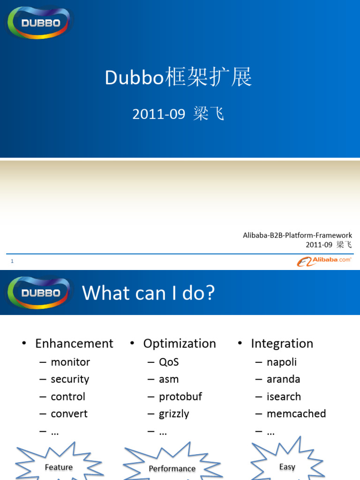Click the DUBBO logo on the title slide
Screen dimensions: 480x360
pos(40,22)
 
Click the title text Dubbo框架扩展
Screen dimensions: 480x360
pos(179,78)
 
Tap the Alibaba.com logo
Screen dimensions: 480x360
pos(324,261)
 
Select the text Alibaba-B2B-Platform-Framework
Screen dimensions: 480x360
pos(297,235)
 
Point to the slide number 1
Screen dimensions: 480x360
pos(12,261)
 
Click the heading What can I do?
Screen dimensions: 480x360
pos(149,293)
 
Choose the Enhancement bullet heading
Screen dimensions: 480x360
pos(74,344)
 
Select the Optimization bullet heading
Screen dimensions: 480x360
pos(180,344)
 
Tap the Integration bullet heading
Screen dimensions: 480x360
pos(282,344)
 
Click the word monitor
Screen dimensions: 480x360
pos(70,362)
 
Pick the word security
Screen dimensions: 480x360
pos(70,379)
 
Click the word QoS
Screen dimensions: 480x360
pos(169,362)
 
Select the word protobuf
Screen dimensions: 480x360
pos(180,397)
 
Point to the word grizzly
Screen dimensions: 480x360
pos(174,414)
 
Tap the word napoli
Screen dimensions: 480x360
pos(282,362)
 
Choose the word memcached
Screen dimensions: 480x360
pos(296,414)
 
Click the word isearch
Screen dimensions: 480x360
pos(284,397)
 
